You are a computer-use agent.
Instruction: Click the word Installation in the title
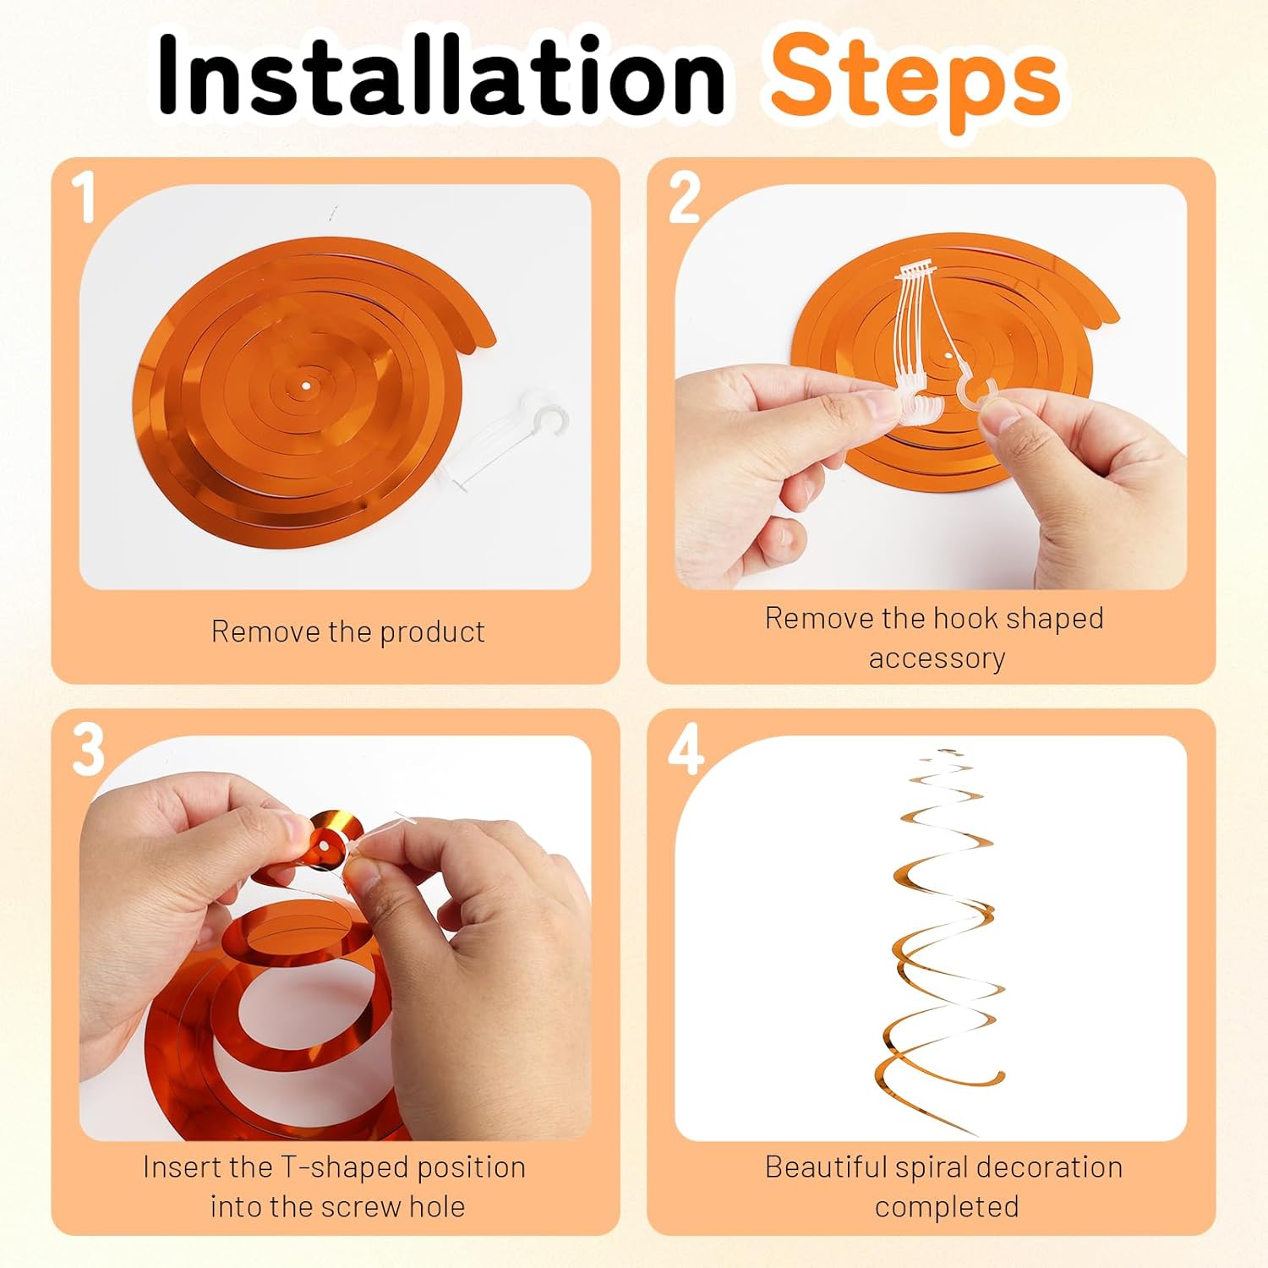pyautogui.click(x=441, y=77)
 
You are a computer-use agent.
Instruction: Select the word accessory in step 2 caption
pyautogui.click(x=937, y=659)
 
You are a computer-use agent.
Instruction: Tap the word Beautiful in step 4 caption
pyautogui.click(x=825, y=1167)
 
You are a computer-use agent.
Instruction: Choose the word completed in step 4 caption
pyautogui.click(x=947, y=1207)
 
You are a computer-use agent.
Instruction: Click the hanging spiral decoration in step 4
pyautogui.click(x=940, y=943)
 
